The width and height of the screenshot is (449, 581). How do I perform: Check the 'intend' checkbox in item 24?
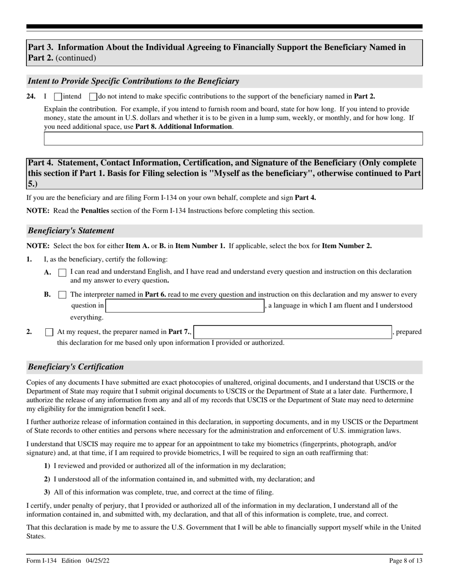tap(58, 97)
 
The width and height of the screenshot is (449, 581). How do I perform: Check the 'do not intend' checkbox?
tap(93, 97)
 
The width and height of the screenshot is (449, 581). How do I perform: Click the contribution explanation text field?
tap(233, 138)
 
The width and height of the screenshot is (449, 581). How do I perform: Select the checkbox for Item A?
tap(62, 273)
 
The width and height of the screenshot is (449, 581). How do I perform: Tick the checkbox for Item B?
tap(62, 295)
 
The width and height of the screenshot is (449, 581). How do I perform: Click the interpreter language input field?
tap(185, 306)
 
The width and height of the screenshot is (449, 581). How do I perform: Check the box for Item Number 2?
tap(49, 332)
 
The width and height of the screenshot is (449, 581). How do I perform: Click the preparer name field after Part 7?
tap(293, 332)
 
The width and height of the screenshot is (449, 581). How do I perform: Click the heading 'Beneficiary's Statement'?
tap(71, 231)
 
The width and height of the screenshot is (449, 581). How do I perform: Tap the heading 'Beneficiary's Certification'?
tap(76, 367)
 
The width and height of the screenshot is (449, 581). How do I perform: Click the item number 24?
tap(31, 96)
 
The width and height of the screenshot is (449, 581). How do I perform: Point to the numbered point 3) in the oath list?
tap(47, 492)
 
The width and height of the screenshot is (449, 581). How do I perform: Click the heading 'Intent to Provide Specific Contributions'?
tap(133, 81)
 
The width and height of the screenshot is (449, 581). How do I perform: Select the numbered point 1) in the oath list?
tap(47, 466)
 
